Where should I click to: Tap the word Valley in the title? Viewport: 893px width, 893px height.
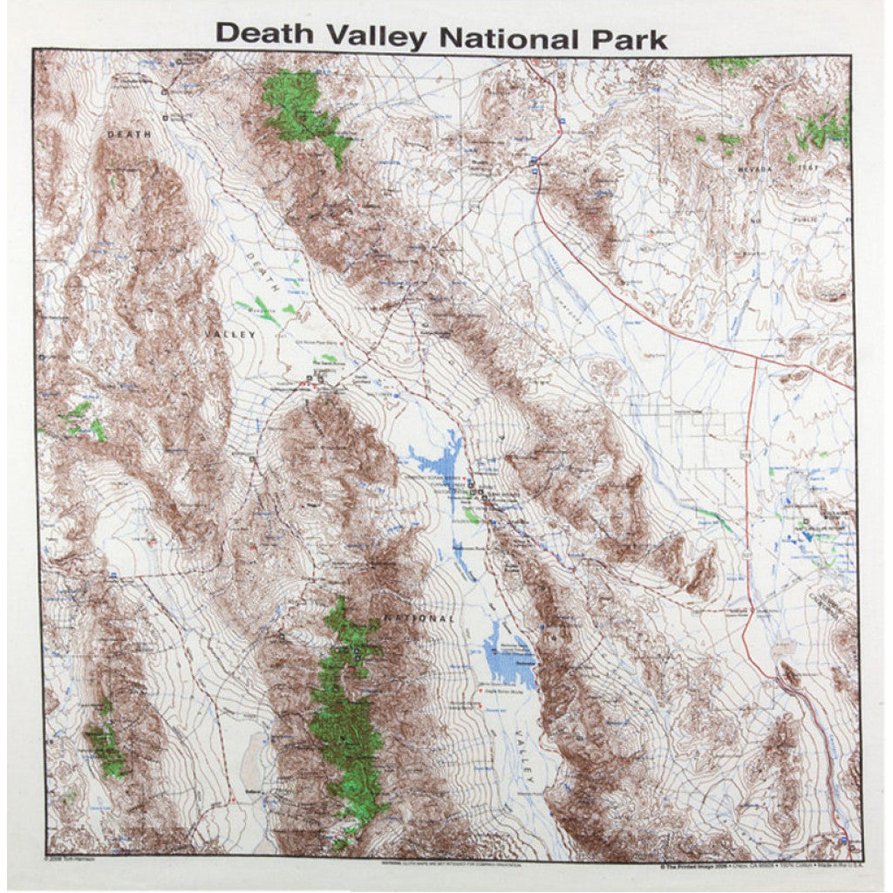tap(378, 37)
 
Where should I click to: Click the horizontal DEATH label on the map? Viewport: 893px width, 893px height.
tap(129, 134)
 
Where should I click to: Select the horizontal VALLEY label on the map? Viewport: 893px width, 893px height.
tap(232, 334)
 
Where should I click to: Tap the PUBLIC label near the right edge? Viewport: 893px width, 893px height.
tap(807, 220)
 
